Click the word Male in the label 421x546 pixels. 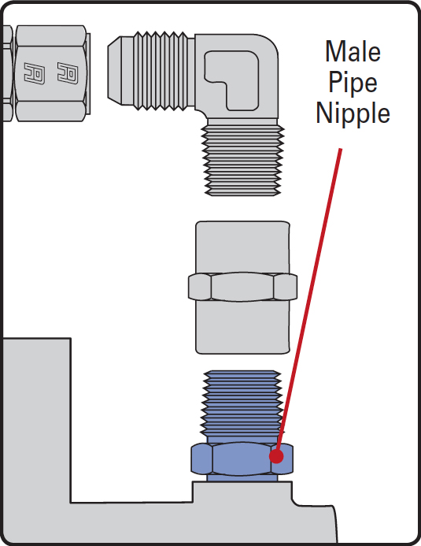click(x=353, y=51)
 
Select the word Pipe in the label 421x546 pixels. click(x=353, y=83)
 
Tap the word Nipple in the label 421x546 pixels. click(x=353, y=113)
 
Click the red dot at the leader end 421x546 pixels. click(x=276, y=456)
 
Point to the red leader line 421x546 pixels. click(x=308, y=303)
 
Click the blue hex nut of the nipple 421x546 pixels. click(x=242, y=459)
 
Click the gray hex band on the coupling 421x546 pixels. click(x=242, y=287)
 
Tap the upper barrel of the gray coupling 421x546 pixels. click(x=242, y=247)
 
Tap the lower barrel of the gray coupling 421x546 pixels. click(x=242, y=327)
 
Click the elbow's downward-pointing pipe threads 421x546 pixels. click(x=243, y=160)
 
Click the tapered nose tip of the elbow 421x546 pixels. click(x=114, y=71)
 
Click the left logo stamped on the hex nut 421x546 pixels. click(x=34, y=73)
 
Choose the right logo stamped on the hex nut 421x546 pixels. click(x=68, y=72)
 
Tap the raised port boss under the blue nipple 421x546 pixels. click(x=242, y=492)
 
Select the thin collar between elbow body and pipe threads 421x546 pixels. click(x=242, y=122)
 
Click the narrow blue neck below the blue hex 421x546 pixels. click(x=242, y=478)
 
